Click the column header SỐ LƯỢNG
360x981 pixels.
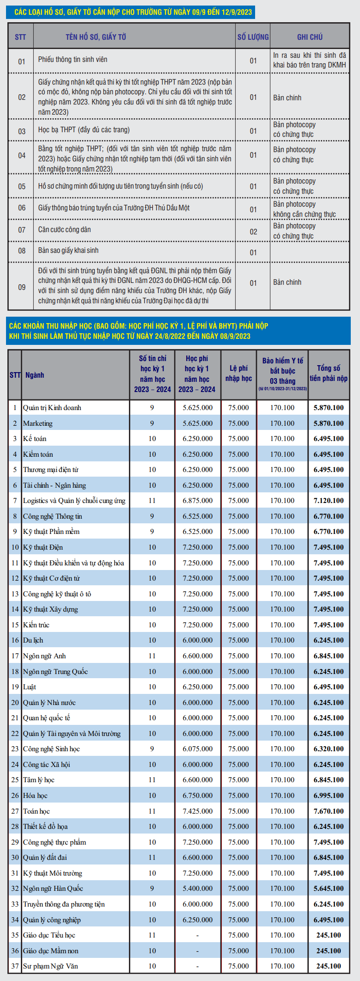point(253,37)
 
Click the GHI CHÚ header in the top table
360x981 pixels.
point(310,37)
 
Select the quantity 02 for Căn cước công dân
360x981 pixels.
point(253,232)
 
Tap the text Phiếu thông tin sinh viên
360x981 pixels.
point(73,60)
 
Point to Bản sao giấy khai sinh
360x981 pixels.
point(68,251)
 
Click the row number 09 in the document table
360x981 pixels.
point(22,287)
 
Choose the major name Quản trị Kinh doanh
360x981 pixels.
point(52,408)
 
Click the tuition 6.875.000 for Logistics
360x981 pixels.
point(198,501)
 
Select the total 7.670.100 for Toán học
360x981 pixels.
point(329,811)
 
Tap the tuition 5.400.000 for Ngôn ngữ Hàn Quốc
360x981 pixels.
point(198,889)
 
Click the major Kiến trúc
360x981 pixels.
point(36,625)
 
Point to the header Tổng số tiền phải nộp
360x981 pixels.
point(329,373)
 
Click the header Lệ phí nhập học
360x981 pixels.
point(238,373)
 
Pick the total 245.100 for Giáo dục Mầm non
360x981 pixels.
point(329,950)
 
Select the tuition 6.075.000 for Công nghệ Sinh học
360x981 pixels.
point(198,749)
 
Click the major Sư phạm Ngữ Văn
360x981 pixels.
point(50,966)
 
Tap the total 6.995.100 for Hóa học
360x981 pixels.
point(329,796)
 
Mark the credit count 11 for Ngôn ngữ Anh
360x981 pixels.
point(152,656)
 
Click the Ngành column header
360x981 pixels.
point(35,375)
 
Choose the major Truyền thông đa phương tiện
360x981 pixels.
point(64,904)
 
